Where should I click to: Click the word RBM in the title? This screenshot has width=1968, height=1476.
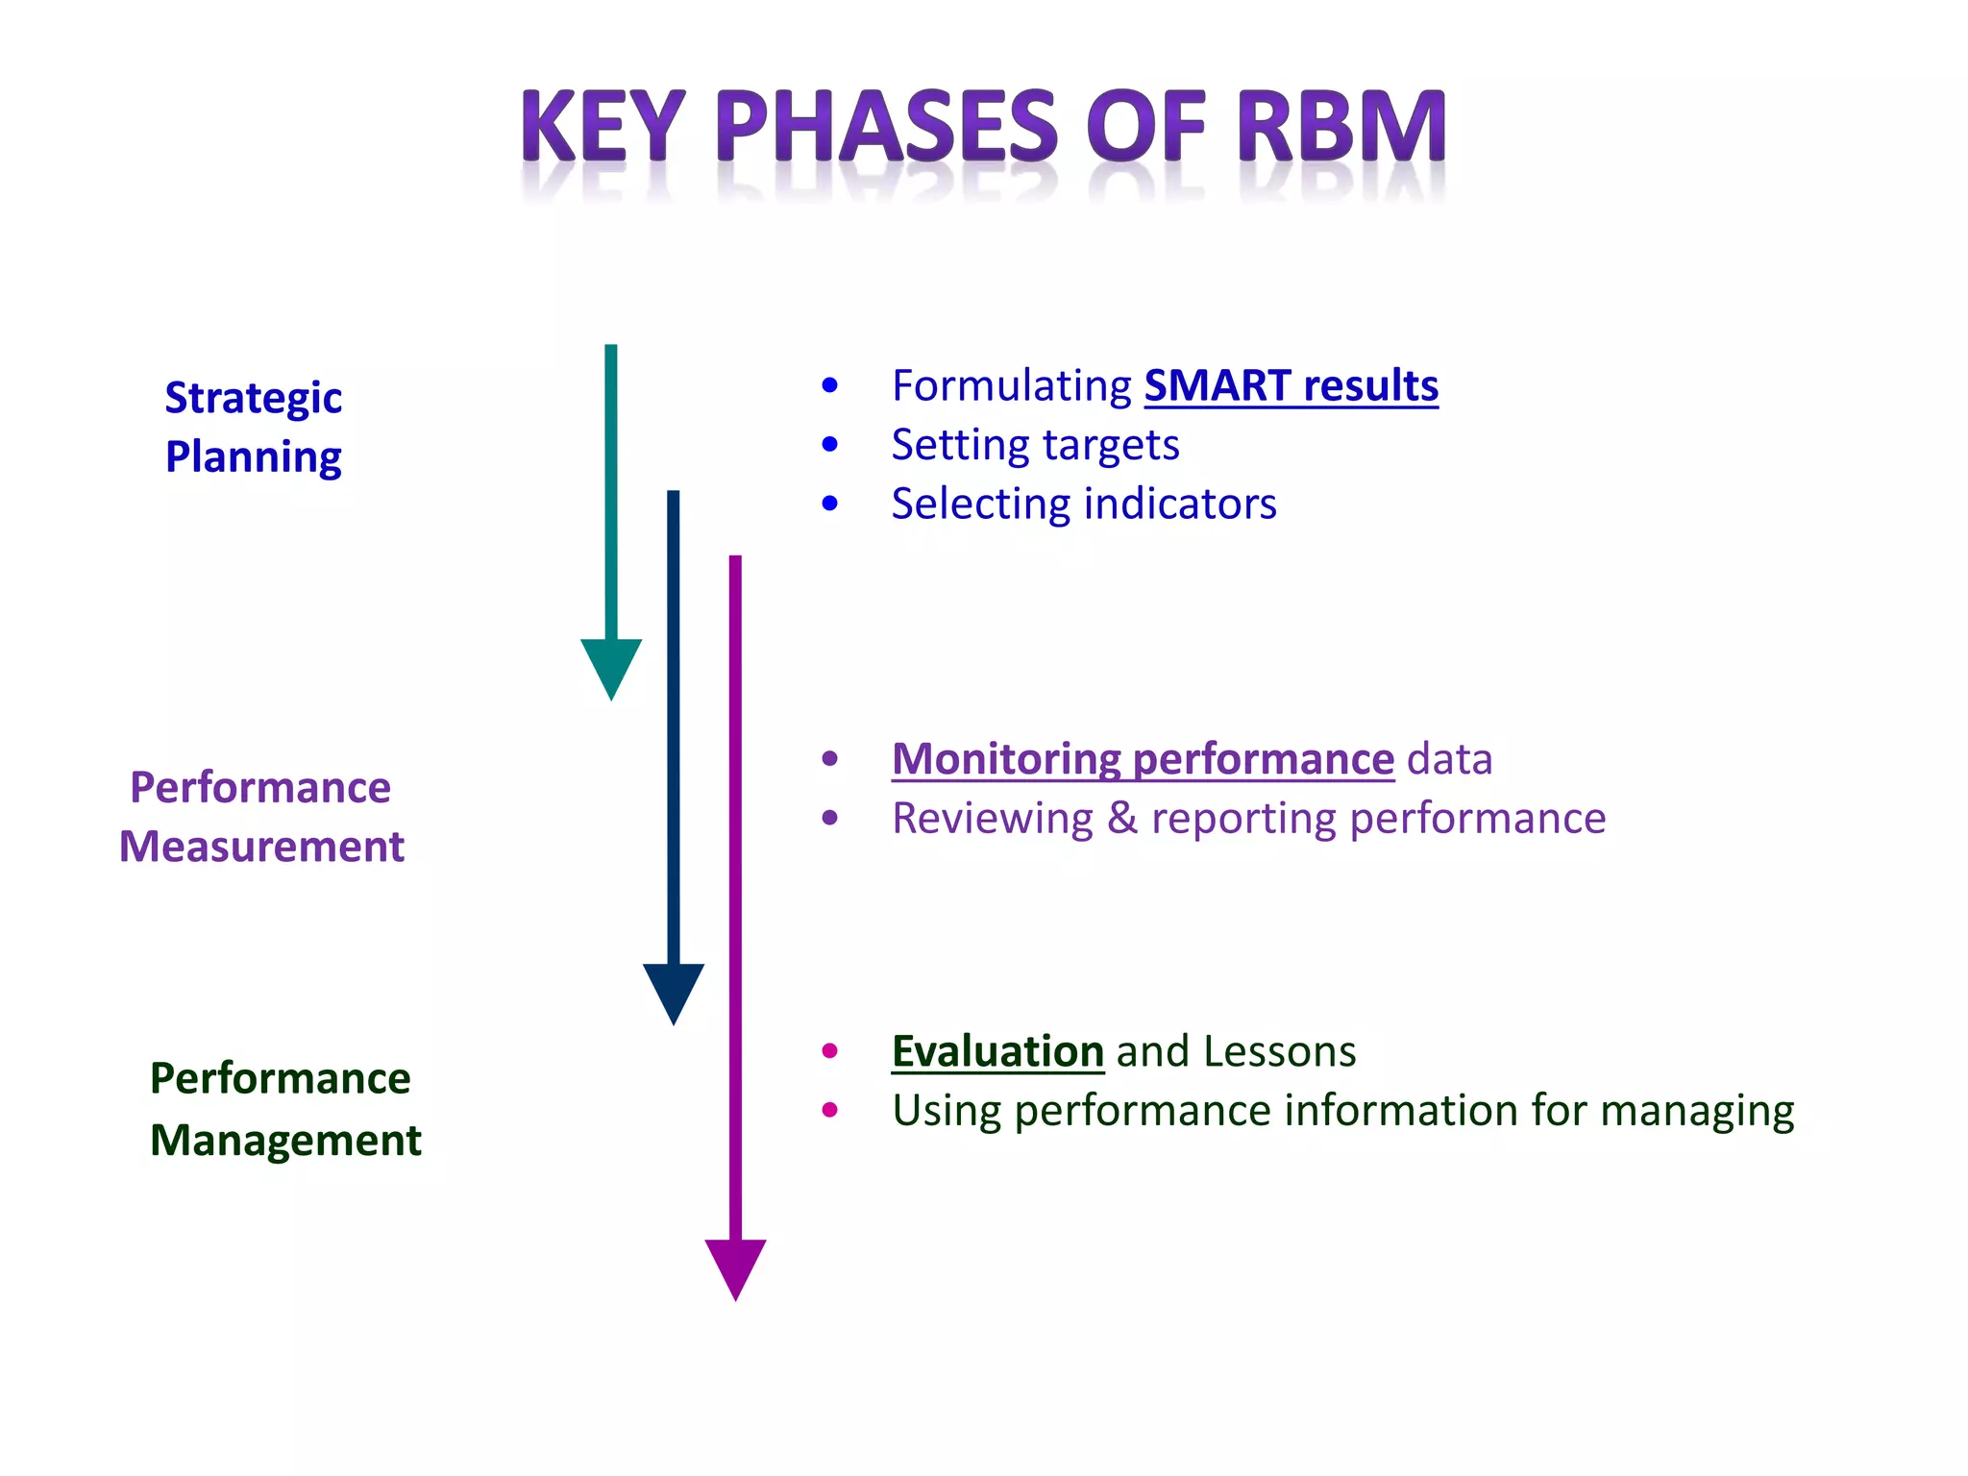[x=1341, y=127]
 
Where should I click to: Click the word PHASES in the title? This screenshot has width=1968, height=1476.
[x=886, y=127]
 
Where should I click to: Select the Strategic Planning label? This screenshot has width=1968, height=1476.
[x=253, y=427]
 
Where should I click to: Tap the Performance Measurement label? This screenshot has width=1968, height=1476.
[x=261, y=817]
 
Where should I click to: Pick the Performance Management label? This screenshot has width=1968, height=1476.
[x=284, y=1109]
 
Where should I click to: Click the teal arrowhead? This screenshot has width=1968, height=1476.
[x=611, y=667]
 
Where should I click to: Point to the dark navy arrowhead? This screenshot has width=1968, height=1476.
[x=674, y=992]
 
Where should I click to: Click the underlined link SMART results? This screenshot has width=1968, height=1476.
[x=1291, y=386]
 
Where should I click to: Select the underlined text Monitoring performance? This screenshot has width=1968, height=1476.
[x=1143, y=759]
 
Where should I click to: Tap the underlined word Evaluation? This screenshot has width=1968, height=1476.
[x=997, y=1051]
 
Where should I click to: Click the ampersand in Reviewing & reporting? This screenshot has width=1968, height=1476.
[x=1121, y=819]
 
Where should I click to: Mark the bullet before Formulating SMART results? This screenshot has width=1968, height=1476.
[x=830, y=386]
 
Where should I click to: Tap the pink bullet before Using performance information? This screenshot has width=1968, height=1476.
[x=830, y=1111]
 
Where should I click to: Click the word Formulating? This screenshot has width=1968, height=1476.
[x=1012, y=386]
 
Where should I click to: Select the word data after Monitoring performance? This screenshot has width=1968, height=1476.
[x=1449, y=759]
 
